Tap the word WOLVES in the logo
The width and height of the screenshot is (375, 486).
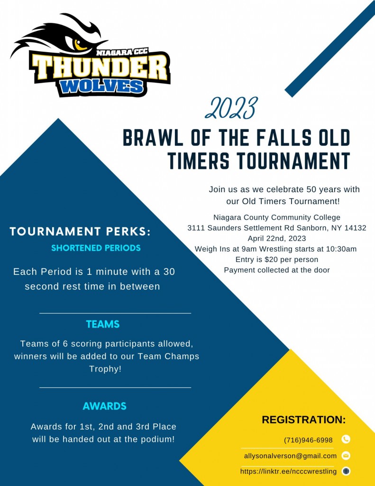tap(102, 86)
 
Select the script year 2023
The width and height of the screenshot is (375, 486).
tap(232, 109)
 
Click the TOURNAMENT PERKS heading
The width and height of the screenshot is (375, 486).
tap(80, 232)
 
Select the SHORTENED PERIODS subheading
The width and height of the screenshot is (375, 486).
tap(96, 248)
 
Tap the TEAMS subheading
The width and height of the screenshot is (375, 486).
tap(103, 325)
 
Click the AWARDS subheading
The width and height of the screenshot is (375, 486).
tap(104, 406)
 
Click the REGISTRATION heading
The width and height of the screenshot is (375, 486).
tap(303, 420)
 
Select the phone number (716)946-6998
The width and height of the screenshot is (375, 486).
tap(308, 440)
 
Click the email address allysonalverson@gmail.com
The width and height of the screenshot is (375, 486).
tap(290, 456)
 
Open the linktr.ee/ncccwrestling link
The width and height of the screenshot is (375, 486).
tap(288, 471)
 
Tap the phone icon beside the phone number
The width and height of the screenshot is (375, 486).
tap(346, 439)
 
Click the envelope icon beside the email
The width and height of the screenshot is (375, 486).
tap(346, 456)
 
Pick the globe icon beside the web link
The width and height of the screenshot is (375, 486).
tap(346, 471)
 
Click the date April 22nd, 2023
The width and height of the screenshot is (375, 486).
tap(277, 238)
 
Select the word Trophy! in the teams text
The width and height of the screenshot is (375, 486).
tap(105, 369)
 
